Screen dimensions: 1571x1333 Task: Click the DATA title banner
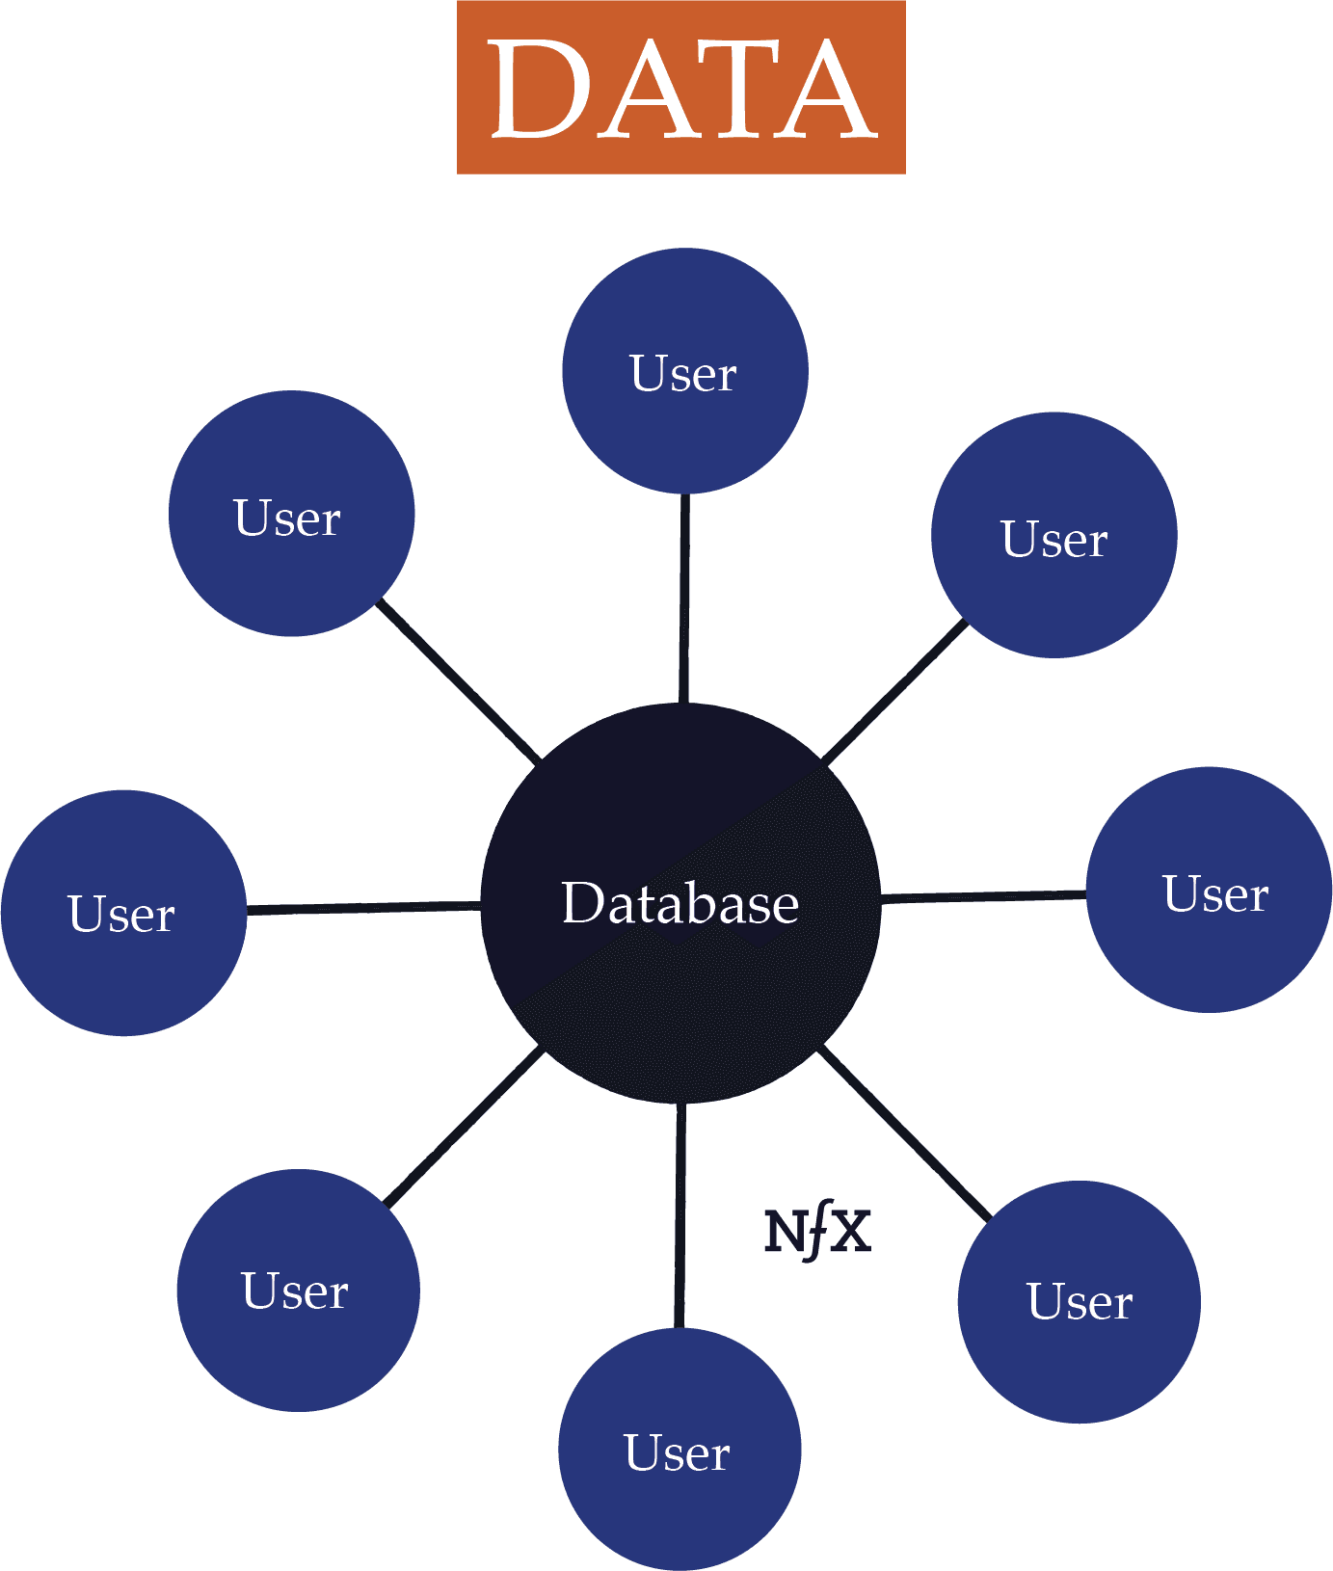coord(680,87)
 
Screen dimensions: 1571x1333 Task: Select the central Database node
coord(680,903)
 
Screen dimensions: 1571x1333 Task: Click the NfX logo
coord(817,1232)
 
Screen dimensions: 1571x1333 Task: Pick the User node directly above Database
coord(684,371)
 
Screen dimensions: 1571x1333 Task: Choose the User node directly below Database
coord(680,1450)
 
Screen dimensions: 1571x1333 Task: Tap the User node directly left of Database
coord(123,913)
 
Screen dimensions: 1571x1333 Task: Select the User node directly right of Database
coord(1210,891)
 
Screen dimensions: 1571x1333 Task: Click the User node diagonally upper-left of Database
coord(291,514)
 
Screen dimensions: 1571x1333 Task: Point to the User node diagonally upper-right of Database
coord(1053,536)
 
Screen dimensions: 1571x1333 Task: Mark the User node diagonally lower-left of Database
coord(298,1291)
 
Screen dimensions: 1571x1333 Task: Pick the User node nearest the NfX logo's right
coord(1079,1302)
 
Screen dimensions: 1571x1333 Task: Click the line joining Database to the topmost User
coord(684,598)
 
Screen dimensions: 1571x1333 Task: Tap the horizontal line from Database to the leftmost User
coord(363,908)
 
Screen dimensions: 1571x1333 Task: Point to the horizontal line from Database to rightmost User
coord(983,896)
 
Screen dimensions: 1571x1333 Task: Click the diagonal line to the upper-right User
coord(894,692)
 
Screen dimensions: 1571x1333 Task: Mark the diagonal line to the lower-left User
coord(465,1128)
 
